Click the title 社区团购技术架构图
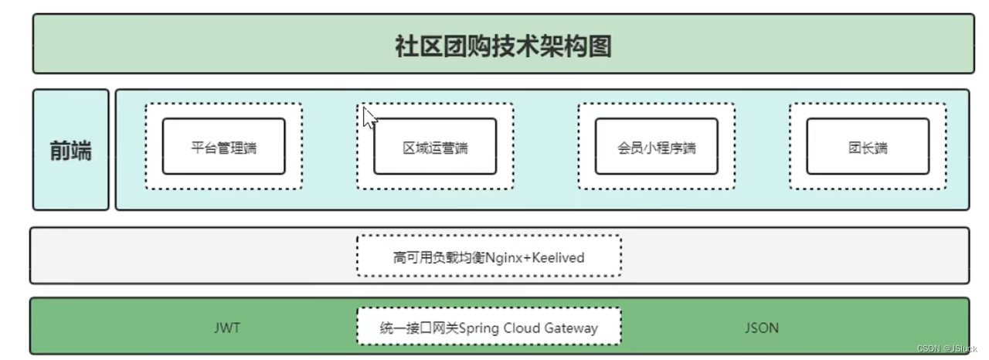tap(503, 46)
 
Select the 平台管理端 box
tap(223, 147)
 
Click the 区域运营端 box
tap(435, 147)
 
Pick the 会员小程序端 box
tap(656, 147)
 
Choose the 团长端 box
tap(868, 147)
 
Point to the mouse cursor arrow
tap(369, 117)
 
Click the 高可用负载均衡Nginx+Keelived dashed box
tap(488, 256)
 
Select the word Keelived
tap(559, 257)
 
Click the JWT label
tap(227, 328)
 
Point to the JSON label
tap(761, 328)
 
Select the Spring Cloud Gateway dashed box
tap(488, 327)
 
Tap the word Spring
tap(479, 328)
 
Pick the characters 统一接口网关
tap(420, 328)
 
